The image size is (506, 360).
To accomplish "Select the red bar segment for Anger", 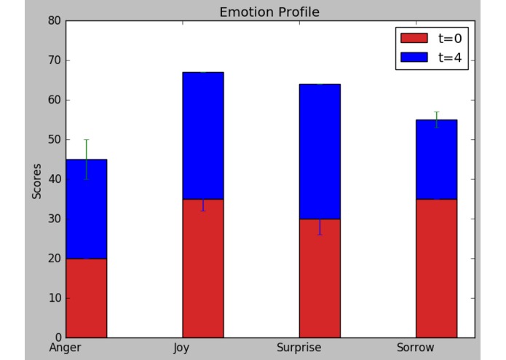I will click(x=87, y=297).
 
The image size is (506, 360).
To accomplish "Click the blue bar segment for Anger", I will click(x=87, y=208).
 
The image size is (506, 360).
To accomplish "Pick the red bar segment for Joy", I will click(x=203, y=268).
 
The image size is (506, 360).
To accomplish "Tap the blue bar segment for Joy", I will click(x=203, y=136).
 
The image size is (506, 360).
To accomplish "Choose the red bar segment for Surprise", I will click(x=320, y=278).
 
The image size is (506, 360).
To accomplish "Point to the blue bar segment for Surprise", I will click(x=320, y=151).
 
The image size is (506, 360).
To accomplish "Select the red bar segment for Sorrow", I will click(x=436, y=268).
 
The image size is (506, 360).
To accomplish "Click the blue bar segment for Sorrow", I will click(x=436, y=160).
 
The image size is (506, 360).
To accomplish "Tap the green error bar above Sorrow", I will click(x=436, y=116).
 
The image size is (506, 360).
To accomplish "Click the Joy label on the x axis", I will click(x=181, y=348).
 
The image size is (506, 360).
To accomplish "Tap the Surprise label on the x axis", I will click(x=299, y=348).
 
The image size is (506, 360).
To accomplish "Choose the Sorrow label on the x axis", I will click(x=416, y=348).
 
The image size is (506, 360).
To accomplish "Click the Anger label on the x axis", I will click(x=66, y=348).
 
